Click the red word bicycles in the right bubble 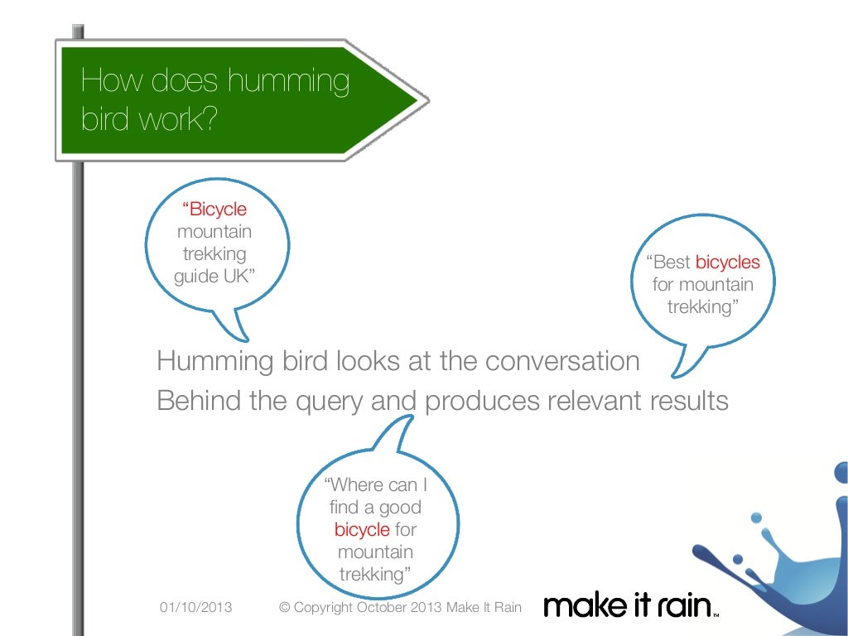pyautogui.click(x=727, y=263)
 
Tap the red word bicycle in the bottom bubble pyautogui.click(x=362, y=530)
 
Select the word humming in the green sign pyautogui.click(x=288, y=82)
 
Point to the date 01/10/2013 pyautogui.click(x=195, y=608)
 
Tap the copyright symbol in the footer pyautogui.click(x=285, y=608)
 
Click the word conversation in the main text pyautogui.click(x=562, y=362)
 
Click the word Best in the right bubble pyautogui.click(x=672, y=263)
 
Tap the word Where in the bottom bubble pyautogui.click(x=354, y=484)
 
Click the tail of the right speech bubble pyautogui.click(x=679, y=364)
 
